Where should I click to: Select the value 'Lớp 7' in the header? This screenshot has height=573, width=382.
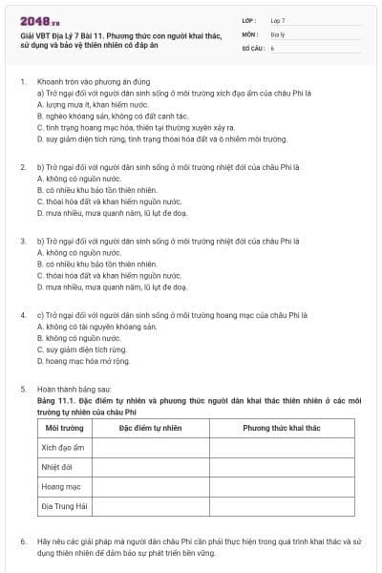tap(278, 20)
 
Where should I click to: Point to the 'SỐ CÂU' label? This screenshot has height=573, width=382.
tap(253, 47)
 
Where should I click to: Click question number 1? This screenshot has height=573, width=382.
tap(22, 82)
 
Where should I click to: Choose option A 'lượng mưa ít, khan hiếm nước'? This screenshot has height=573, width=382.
tap(86, 104)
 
